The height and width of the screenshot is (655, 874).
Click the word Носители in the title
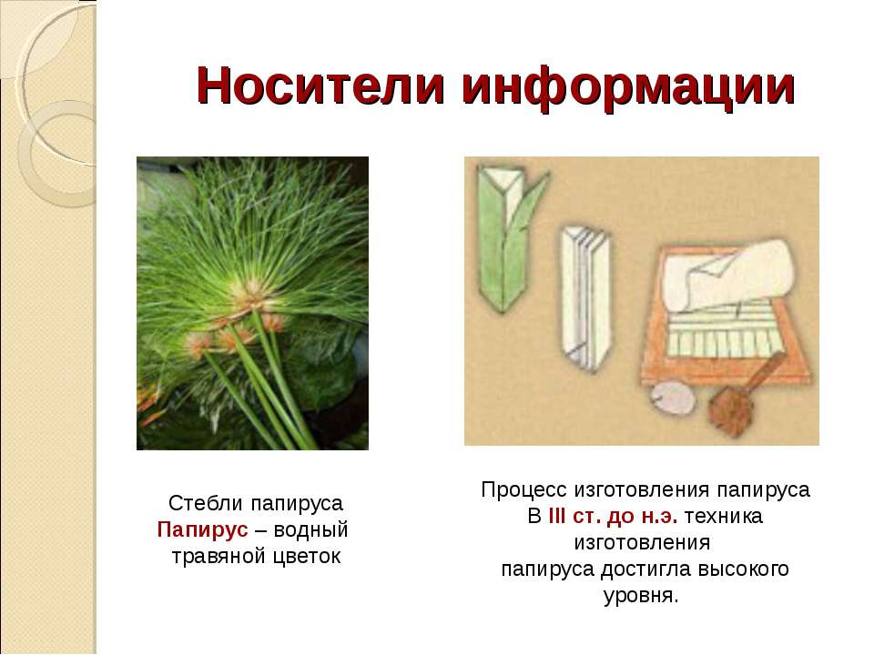point(321,86)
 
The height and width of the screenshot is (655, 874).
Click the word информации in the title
point(628,88)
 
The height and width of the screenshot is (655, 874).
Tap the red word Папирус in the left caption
point(202,529)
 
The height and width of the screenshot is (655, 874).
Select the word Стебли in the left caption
point(206,503)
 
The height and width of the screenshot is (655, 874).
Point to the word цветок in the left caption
point(305,556)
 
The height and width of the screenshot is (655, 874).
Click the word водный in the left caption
point(310,529)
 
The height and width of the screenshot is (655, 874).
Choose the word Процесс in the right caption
point(524,490)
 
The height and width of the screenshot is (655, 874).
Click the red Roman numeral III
point(556,517)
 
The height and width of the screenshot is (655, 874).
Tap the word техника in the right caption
point(723,517)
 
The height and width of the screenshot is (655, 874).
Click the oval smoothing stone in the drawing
point(673,398)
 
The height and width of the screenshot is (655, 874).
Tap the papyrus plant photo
point(252,303)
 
